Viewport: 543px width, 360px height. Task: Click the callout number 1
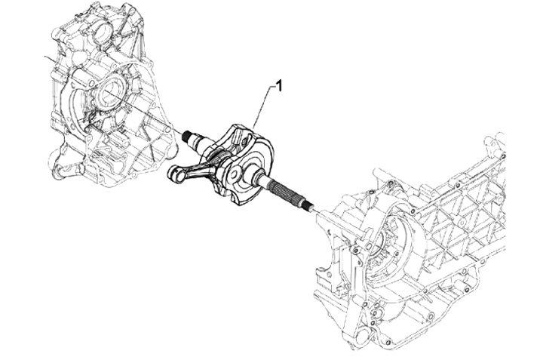pyautogui.click(x=279, y=86)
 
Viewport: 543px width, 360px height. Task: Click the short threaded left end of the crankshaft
pyautogui.click(x=193, y=137)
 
